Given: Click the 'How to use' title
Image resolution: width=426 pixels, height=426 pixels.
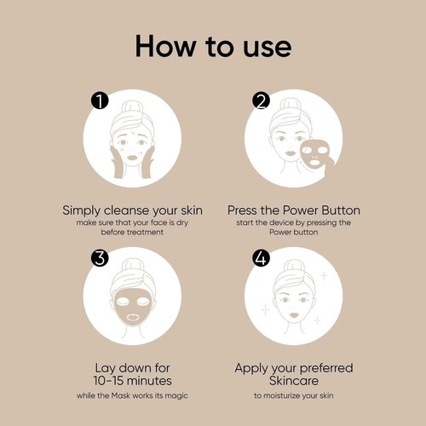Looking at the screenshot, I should click(x=213, y=44).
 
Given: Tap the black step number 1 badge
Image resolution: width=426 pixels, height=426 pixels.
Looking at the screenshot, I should click(x=101, y=102).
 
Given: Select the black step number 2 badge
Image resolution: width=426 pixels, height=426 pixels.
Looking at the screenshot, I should click(x=261, y=102).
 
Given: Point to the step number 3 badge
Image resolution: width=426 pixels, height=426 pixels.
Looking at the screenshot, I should click(x=101, y=259).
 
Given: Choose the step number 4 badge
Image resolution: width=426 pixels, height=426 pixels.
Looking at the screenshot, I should click(x=261, y=259).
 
